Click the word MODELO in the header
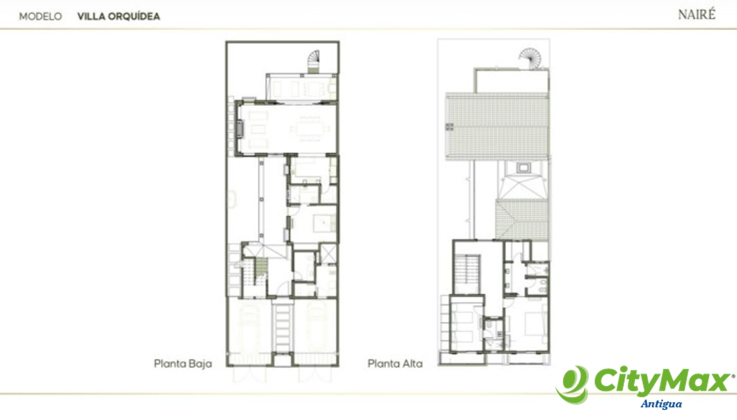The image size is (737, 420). tap(41, 17)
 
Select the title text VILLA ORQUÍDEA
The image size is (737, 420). tap(119, 17)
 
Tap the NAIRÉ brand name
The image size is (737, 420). tap(696, 14)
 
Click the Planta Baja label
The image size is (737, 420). tap(183, 364)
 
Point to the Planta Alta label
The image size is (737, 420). tap(395, 364)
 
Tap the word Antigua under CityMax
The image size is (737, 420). tap(661, 404)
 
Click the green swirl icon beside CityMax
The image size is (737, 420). tap(573, 385)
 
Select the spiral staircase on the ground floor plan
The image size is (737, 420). tap(314, 61)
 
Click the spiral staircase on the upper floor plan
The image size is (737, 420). tap(530, 58)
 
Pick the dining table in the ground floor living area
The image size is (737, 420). tap(309, 129)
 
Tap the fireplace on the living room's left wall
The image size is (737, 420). tap(240, 128)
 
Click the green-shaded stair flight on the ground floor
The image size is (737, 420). tap(262, 267)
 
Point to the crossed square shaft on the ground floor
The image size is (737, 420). tap(328, 254)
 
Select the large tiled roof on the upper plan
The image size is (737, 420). tap(497, 127)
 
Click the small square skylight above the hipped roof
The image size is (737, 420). tap(523, 168)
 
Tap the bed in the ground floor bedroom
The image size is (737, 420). tap(324, 223)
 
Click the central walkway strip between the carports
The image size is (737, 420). tap(283, 329)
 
